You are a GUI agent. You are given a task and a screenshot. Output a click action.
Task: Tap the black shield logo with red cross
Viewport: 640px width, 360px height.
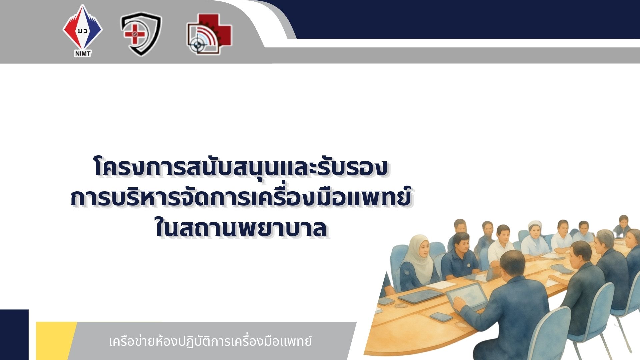pos(141,34)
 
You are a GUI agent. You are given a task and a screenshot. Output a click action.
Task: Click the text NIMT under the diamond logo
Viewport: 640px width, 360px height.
pos(83,53)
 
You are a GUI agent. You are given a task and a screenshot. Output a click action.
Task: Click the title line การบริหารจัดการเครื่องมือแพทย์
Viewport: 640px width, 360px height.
pos(240,197)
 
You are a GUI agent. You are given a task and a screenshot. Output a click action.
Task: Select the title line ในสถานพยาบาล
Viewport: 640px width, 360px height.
pos(241,228)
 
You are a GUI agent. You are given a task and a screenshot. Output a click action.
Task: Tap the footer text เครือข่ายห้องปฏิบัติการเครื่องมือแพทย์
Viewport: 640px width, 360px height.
pos(210,341)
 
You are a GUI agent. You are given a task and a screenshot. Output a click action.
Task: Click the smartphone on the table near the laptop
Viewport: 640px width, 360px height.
pos(441,316)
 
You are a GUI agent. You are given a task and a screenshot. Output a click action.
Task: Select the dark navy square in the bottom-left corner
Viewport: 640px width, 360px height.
pos(14,335)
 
